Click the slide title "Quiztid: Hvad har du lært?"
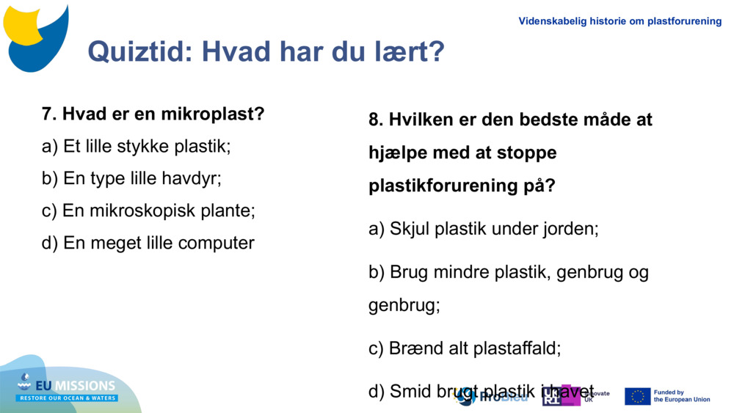point(266,51)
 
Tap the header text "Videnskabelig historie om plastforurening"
point(619,21)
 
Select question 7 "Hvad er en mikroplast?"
point(153,114)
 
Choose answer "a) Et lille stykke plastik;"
point(136,147)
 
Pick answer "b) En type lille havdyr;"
point(131,178)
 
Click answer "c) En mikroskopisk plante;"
point(148,211)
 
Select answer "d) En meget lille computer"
point(148,243)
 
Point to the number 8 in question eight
point(374,120)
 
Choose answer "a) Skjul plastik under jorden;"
point(483,229)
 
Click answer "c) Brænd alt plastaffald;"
point(465,348)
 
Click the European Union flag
point(637,396)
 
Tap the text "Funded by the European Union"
point(681,396)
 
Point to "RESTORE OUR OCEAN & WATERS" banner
point(68,398)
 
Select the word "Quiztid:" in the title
point(140,51)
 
